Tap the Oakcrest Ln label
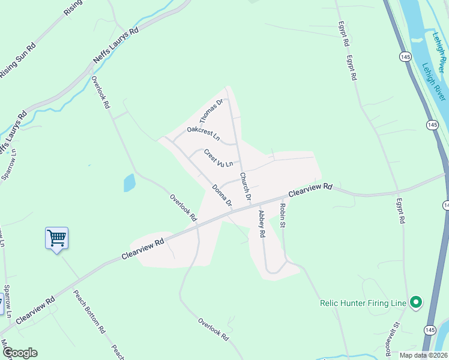(x=203, y=133)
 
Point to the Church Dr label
(x=244, y=186)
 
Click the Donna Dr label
(x=221, y=195)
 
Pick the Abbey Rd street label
(x=261, y=224)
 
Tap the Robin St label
(x=282, y=215)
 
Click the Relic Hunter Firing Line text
(x=363, y=304)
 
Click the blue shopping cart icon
(x=57, y=238)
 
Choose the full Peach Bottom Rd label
(x=89, y=312)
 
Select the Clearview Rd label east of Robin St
(x=310, y=190)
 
